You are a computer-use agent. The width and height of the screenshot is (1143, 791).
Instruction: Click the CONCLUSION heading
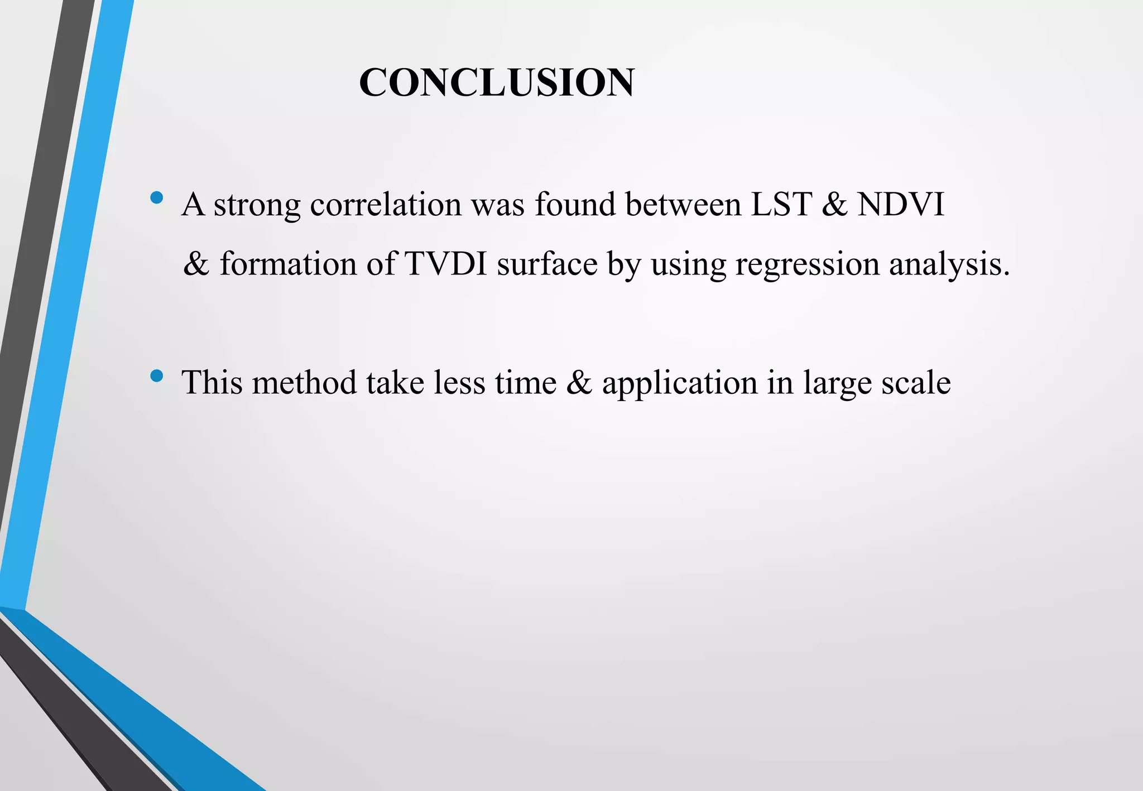(x=496, y=83)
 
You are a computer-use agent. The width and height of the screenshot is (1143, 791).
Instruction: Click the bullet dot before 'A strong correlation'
(x=157, y=197)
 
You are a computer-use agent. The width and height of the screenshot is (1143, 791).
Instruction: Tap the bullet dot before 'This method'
(x=157, y=377)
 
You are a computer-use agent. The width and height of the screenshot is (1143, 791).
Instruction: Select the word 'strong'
(x=257, y=205)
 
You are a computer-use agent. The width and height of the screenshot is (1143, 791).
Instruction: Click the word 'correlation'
(x=386, y=204)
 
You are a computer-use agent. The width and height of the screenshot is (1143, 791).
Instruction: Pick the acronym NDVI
(x=901, y=204)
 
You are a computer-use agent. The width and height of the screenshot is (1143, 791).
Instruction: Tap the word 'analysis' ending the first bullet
(x=948, y=264)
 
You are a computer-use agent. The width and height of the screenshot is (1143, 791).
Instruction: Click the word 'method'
(x=304, y=383)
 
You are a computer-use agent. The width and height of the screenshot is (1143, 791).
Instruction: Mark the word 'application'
(x=679, y=384)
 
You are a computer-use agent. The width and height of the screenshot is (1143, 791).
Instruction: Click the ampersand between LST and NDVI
(x=834, y=204)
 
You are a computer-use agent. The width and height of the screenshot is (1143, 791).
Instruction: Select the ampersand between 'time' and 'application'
(x=579, y=383)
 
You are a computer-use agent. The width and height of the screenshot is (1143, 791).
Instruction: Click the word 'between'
(x=683, y=204)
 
